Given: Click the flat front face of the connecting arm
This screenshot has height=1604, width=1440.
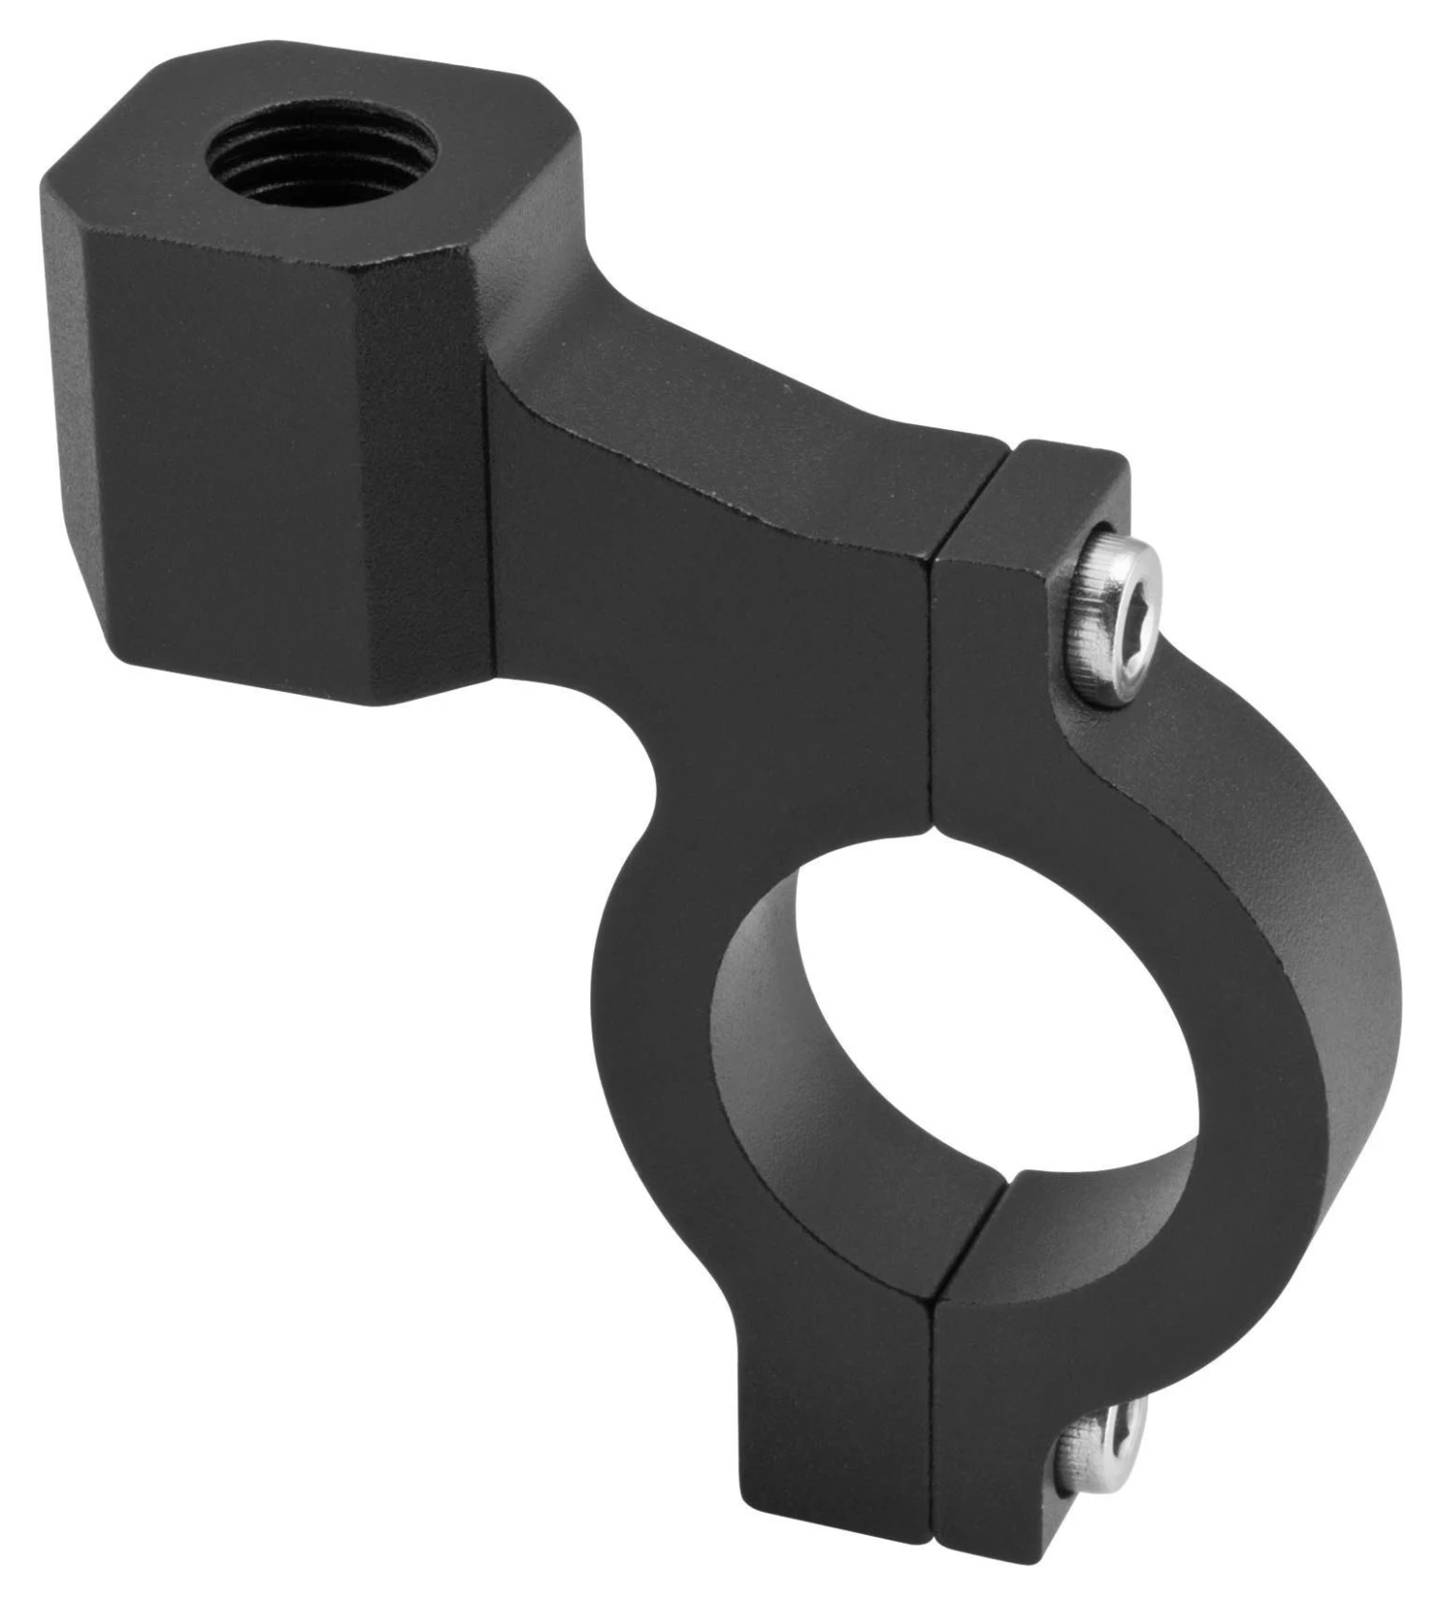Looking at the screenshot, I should click(710, 614).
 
